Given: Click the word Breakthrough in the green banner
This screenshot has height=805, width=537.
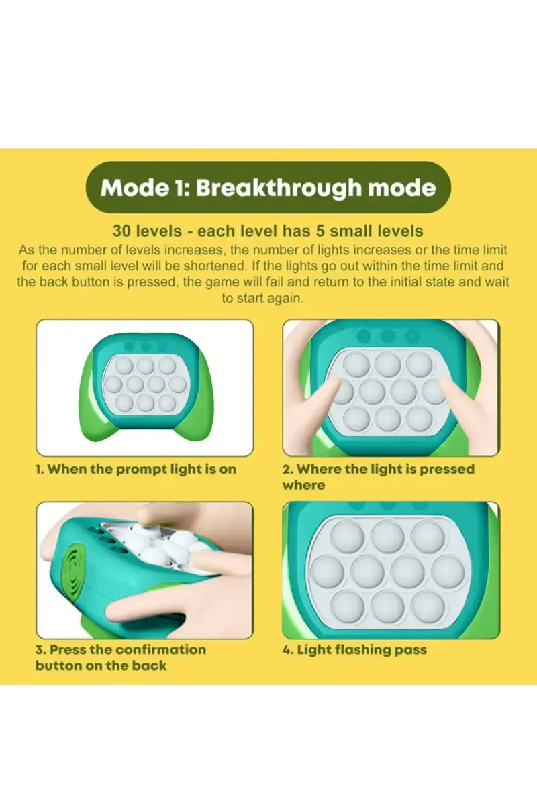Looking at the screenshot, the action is (279, 188).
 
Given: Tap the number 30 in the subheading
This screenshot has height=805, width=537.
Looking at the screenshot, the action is (122, 231).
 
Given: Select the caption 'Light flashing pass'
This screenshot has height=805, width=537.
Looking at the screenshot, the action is (362, 650).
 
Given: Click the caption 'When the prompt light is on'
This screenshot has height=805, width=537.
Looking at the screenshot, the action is (142, 469).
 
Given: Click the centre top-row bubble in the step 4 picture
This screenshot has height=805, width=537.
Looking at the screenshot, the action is (387, 536).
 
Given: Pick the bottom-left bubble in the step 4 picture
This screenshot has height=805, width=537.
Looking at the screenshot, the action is (347, 606).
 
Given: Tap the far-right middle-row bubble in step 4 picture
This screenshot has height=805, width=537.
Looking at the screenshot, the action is (448, 572).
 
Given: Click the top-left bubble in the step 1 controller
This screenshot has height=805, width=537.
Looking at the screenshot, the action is (124, 366).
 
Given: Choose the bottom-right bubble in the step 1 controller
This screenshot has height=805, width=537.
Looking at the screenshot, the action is (167, 402).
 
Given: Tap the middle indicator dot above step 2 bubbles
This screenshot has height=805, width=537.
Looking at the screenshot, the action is (388, 336).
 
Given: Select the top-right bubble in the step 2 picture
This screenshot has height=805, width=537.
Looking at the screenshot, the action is (420, 364).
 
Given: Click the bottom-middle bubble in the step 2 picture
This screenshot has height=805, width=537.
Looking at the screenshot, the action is (388, 419).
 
